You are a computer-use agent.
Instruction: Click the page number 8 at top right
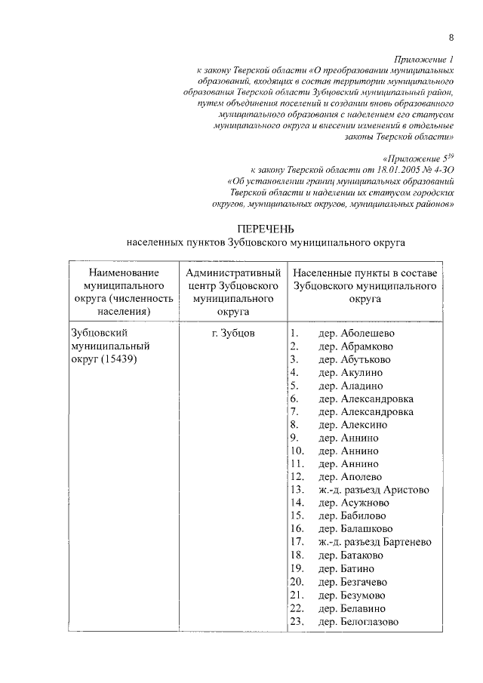click(x=451, y=38)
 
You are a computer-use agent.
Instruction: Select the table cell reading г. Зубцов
click(x=233, y=332)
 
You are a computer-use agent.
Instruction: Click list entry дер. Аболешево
click(x=356, y=333)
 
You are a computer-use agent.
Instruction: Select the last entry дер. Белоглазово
click(x=358, y=621)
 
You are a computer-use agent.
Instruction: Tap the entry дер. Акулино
click(x=350, y=372)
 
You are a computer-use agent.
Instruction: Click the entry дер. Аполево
click(x=350, y=477)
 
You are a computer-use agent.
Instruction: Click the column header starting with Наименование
click(x=123, y=291)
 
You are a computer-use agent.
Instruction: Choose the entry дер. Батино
click(x=346, y=568)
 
